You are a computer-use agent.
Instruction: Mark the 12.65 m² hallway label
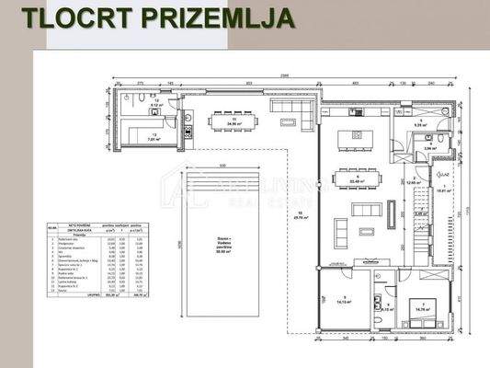coord(416,179)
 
